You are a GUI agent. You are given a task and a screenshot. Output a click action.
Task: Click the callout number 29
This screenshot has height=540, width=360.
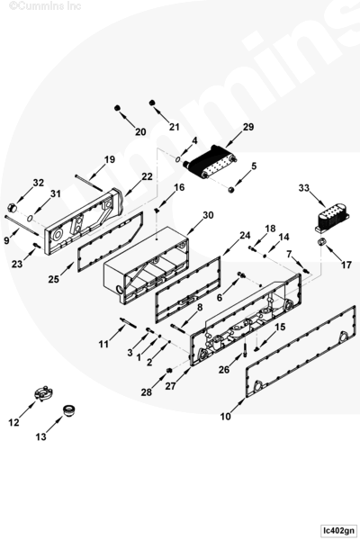pos(248,127)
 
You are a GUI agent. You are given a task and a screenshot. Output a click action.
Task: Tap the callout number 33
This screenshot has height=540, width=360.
pos(304,188)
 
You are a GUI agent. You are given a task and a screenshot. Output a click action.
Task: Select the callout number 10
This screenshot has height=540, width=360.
pos(225,417)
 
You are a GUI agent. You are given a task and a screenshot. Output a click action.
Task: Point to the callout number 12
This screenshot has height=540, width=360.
pos(13,422)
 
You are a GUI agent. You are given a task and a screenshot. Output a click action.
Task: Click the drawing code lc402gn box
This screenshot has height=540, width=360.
pos(337,530)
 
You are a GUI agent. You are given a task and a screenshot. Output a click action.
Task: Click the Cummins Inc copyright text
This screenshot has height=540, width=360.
pos(45,5)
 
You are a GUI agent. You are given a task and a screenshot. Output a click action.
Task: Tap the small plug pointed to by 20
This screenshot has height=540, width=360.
pos(117,108)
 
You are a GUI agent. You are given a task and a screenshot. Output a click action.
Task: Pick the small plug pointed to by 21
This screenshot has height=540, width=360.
pos(152,103)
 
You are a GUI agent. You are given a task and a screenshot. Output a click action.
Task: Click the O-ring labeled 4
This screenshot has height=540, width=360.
pos(177,159)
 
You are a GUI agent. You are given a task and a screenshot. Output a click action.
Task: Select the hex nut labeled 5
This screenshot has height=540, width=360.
pos(231,189)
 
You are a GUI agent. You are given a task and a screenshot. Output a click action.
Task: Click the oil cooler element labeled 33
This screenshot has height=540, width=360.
pos(332,219)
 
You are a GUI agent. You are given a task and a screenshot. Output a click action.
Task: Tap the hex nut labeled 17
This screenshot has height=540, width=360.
pos(322,242)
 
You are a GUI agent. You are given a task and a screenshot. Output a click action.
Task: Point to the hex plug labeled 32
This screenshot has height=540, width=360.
pos(12,208)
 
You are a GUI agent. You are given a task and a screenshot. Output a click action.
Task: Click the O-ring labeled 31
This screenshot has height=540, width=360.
pos(31,218)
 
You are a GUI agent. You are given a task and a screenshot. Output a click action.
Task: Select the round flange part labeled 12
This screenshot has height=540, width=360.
pos(43,393)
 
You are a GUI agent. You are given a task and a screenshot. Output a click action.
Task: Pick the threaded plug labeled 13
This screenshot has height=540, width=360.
pos(69,411)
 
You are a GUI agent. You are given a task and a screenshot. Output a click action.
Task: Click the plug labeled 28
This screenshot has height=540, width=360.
pos(169,370)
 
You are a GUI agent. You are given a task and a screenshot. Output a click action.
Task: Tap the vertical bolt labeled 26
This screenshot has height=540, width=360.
pos(244,351)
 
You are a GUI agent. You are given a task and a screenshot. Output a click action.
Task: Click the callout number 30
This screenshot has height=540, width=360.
pos(208,215)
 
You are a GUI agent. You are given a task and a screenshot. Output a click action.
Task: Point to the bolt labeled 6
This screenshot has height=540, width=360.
pos(241,274)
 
